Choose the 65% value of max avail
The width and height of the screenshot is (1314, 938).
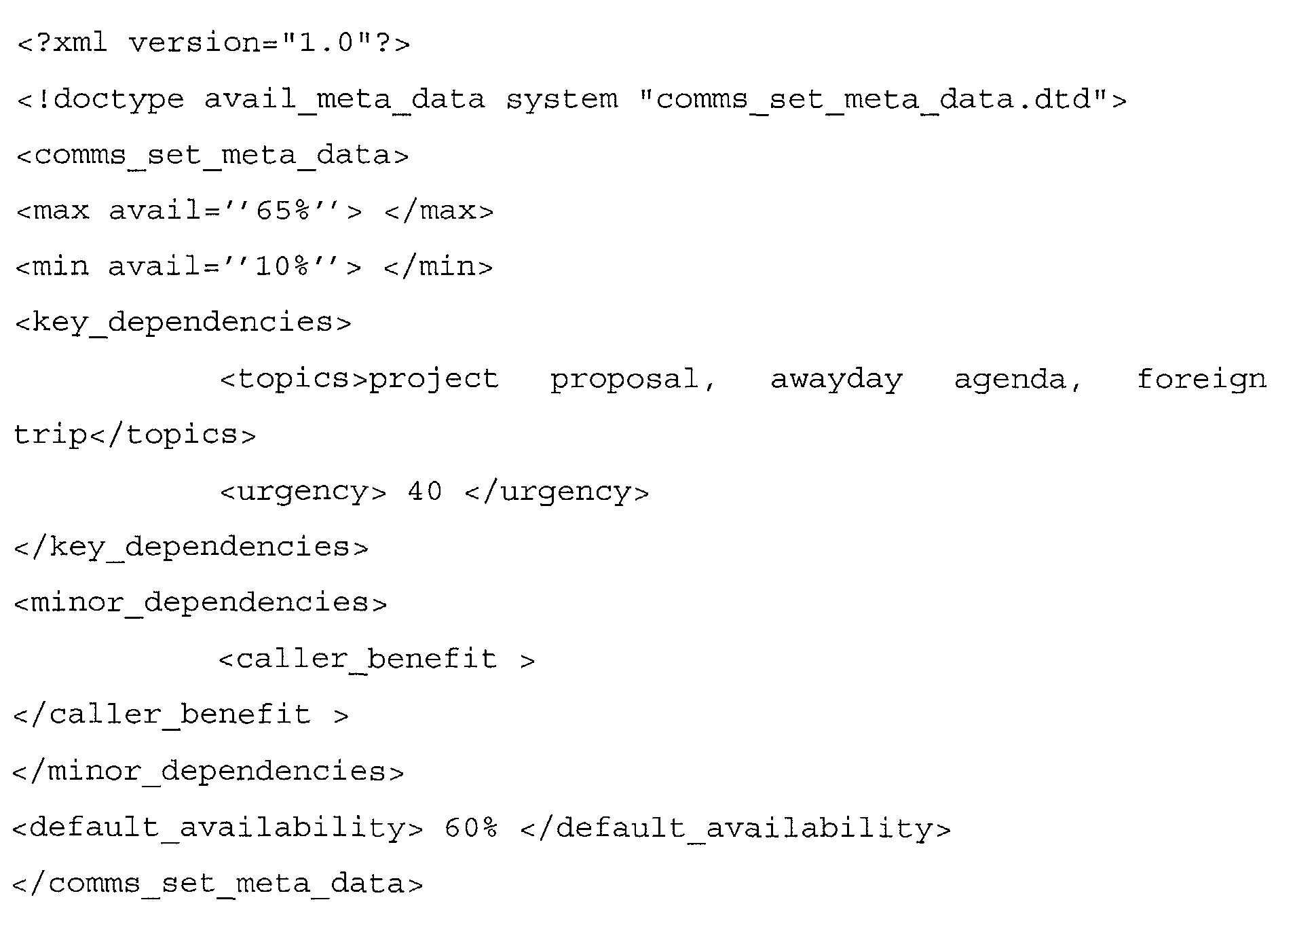point(283,211)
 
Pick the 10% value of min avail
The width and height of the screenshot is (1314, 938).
point(282,266)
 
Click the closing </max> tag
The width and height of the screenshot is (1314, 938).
point(439,211)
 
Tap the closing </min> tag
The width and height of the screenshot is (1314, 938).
point(438,266)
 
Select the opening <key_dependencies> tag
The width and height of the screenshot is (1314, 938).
point(183,322)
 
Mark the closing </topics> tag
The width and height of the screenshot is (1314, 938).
point(173,435)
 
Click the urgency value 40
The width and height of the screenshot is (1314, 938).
point(425,491)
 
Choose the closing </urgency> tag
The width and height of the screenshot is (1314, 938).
point(557,492)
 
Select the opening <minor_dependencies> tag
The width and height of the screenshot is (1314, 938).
point(200,602)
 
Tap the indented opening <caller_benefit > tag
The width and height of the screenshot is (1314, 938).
point(377,659)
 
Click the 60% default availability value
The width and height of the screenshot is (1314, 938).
point(472,828)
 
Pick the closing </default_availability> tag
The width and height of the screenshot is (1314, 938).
point(736,829)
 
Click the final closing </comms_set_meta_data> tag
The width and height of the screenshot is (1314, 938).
point(218,884)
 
